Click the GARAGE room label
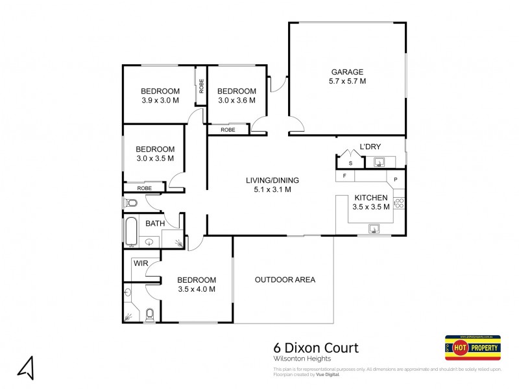[347, 72]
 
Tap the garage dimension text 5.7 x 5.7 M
[347, 82]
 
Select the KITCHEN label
[370, 198]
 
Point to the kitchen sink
[375, 228]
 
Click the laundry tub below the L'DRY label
[380, 161]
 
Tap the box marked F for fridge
[344, 176]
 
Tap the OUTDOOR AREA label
[285, 279]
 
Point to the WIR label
[141, 264]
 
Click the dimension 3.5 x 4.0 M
[197, 289]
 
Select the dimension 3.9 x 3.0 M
[160, 100]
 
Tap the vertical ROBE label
[201, 86]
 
